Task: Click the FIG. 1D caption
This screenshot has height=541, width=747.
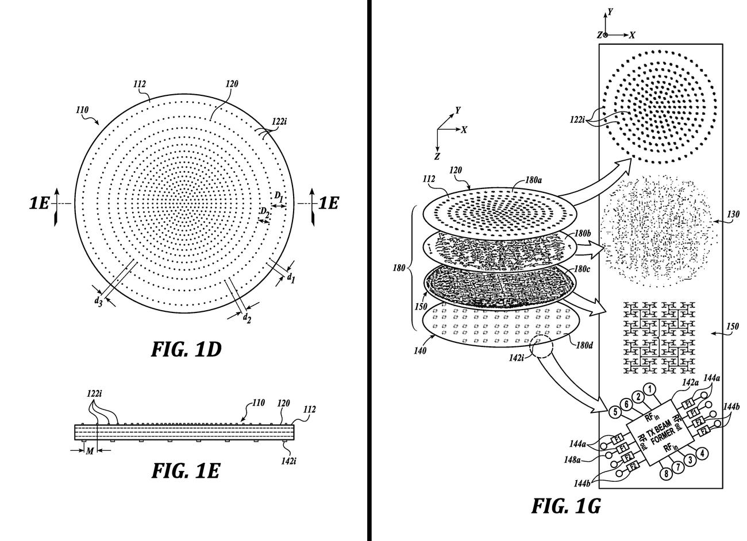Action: tap(186, 349)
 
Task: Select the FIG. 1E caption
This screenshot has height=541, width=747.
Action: tap(185, 471)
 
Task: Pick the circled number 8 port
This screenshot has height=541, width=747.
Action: tap(665, 474)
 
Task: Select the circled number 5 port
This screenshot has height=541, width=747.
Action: tap(614, 412)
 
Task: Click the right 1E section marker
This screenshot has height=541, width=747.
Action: tap(328, 203)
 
